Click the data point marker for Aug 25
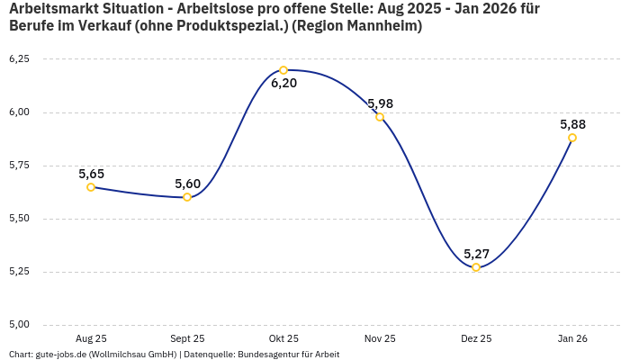[91, 187]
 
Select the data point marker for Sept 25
[187, 197]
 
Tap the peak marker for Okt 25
[283, 70]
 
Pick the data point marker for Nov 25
[380, 117]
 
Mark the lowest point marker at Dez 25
[476, 267]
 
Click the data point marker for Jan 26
[572, 138]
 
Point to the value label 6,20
[283, 84]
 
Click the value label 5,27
[476, 254]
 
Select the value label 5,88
[572, 124]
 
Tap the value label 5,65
[91, 174]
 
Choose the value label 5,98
[380, 103]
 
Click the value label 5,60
[187, 184]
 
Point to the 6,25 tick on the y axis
[19, 59]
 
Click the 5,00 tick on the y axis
[19, 325]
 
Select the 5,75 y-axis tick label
[19, 166]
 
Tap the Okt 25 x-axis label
[283, 338]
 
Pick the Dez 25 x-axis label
[476, 338]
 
